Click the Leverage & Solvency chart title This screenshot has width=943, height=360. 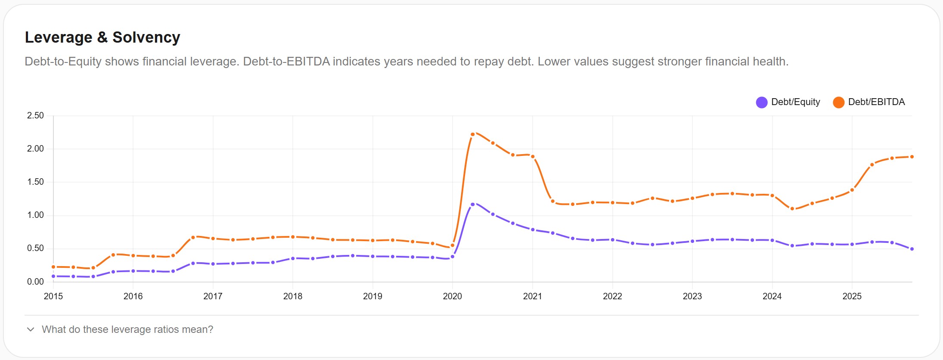tap(102, 37)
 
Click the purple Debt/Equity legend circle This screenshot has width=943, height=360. tap(761, 102)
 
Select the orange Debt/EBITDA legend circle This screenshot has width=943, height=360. tap(838, 102)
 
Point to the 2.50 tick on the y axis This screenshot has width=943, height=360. tap(35, 115)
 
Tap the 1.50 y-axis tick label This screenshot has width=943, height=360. tap(35, 182)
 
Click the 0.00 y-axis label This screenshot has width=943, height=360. tap(35, 282)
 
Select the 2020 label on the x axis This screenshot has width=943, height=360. tap(452, 296)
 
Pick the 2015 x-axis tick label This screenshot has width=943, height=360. tap(53, 296)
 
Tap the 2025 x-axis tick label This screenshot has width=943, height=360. tap(852, 296)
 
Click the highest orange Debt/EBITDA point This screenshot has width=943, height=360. tap(472, 134)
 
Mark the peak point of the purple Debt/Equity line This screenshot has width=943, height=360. tap(472, 205)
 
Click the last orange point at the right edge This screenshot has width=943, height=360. tap(912, 157)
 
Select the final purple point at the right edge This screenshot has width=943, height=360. tap(912, 249)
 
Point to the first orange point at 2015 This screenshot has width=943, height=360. tap(53, 267)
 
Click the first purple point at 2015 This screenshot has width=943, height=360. tap(53, 276)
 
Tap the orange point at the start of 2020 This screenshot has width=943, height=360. tap(453, 245)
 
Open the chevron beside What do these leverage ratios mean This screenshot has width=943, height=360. tap(31, 329)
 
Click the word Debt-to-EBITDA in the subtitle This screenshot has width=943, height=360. tap(286, 62)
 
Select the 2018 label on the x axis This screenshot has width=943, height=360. tap(293, 296)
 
